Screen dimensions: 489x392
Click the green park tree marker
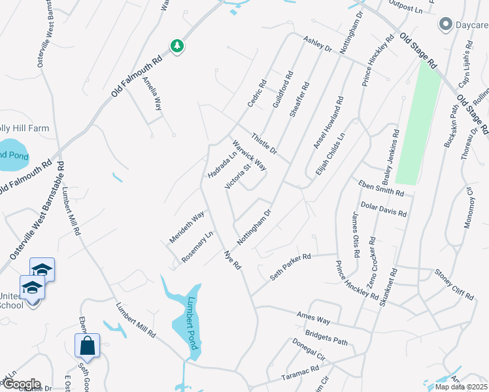click(177, 46)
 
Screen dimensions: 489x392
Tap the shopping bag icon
click(87, 346)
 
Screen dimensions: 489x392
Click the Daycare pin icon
click(446, 25)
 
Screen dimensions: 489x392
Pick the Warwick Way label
click(248, 154)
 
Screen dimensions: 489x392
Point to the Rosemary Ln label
click(197, 247)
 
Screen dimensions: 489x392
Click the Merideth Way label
click(187, 227)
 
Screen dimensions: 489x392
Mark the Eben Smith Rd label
click(381, 189)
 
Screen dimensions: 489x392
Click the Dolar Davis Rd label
click(383, 208)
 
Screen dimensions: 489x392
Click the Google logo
click(21, 384)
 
